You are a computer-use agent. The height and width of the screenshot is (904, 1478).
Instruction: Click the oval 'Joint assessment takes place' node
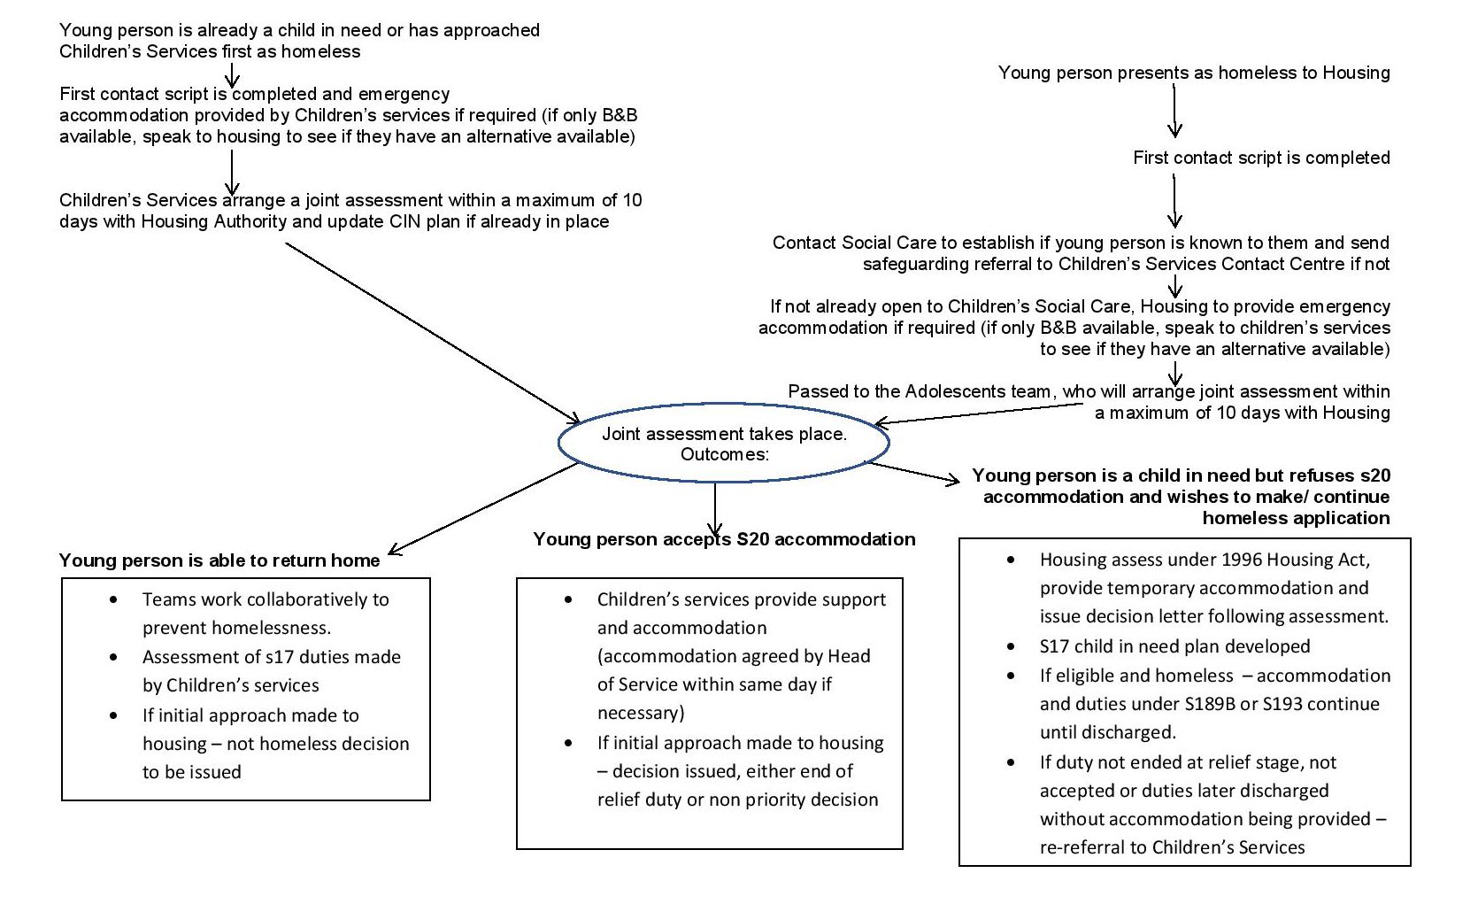pyautogui.click(x=724, y=443)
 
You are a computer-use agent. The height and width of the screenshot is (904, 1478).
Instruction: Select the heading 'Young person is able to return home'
pyautogui.click(x=219, y=560)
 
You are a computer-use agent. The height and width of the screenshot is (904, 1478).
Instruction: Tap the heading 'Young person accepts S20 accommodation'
pyautogui.click(x=724, y=539)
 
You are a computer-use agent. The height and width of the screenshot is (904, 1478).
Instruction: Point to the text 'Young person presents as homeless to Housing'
pyautogui.click(x=1194, y=73)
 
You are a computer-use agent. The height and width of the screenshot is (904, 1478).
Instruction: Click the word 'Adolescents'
pyautogui.click(x=1005, y=391)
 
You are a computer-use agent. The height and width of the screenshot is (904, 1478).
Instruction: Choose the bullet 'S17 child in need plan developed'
pyautogui.click(x=1174, y=646)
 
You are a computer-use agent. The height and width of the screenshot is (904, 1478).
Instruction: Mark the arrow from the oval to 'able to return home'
pyautogui.click(x=482, y=509)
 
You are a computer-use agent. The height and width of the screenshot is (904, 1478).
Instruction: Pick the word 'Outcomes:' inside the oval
pyautogui.click(x=724, y=454)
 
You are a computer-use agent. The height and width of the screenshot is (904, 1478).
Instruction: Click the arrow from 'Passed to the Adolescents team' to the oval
pyautogui.click(x=978, y=414)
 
